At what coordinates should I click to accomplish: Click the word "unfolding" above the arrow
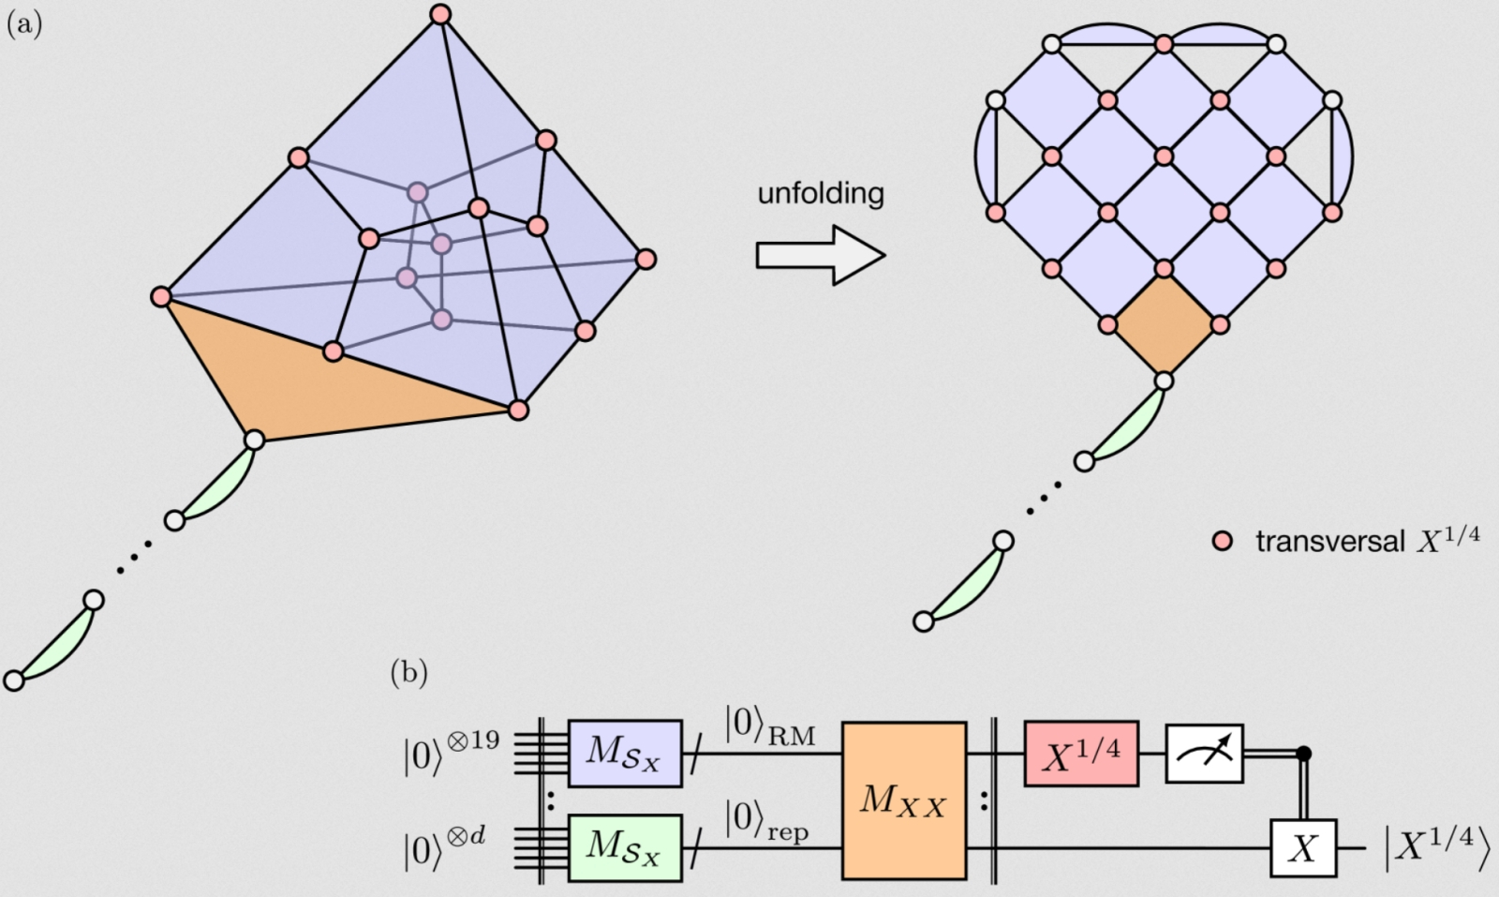(x=820, y=194)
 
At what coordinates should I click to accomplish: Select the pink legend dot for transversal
(x=1222, y=542)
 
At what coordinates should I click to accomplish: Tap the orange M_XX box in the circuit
(x=903, y=801)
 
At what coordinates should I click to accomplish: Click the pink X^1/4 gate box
(x=1081, y=754)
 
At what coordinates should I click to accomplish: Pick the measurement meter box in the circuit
(x=1204, y=754)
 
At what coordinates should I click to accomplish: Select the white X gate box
(x=1302, y=848)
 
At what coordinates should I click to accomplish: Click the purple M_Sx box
(x=625, y=754)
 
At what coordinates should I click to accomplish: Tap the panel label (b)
(x=408, y=672)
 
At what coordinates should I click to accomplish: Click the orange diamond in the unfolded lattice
(x=1164, y=325)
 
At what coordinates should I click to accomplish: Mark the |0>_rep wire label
(x=765, y=820)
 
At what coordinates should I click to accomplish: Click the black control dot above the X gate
(x=1302, y=753)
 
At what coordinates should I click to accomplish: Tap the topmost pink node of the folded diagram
(x=440, y=14)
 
